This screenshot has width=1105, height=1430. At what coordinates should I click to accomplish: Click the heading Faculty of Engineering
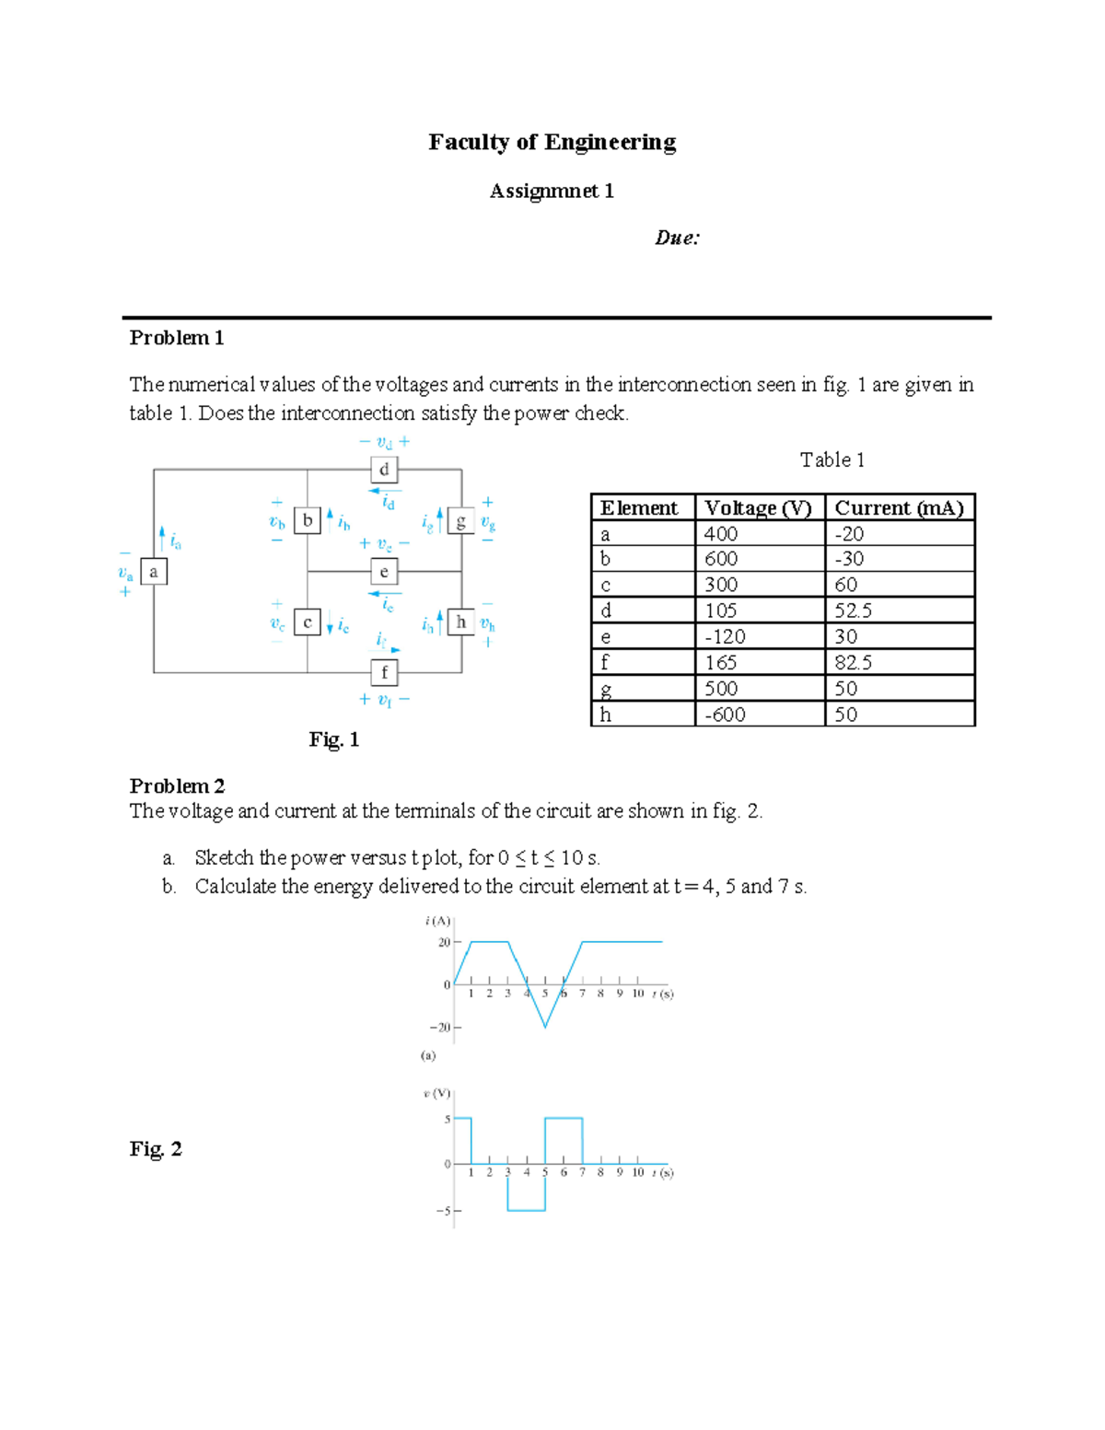click(552, 142)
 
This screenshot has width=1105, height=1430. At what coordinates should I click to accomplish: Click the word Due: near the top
click(677, 238)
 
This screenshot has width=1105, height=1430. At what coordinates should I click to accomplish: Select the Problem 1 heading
click(177, 338)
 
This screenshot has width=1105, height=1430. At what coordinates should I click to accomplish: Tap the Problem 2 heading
click(177, 785)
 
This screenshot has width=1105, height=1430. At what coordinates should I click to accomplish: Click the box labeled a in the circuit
click(154, 572)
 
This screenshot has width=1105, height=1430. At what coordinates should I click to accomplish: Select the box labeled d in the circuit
click(384, 470)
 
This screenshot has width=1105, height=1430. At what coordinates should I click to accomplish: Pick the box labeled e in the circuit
click(384, 572)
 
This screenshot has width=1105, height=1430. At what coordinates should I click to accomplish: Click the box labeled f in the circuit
click(384, 672)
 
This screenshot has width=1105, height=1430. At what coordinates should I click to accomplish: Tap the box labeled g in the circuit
click(460, 520)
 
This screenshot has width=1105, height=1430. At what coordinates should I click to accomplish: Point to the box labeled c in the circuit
click(308, 622)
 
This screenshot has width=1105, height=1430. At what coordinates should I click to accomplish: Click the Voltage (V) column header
click(759, 508)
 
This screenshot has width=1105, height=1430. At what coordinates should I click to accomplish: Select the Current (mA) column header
click(899, 508)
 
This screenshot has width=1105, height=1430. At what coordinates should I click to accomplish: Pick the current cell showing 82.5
click(854, 663)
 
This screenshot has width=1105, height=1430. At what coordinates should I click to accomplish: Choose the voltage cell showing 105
click(721, 611)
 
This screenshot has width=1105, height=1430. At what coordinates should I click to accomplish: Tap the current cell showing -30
click(849, 559)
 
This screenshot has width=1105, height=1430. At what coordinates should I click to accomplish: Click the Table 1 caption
click(832, 459)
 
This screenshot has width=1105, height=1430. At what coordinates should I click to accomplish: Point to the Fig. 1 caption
click(333, 739)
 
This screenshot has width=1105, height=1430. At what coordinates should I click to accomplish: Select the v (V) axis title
click(436, 1094)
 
